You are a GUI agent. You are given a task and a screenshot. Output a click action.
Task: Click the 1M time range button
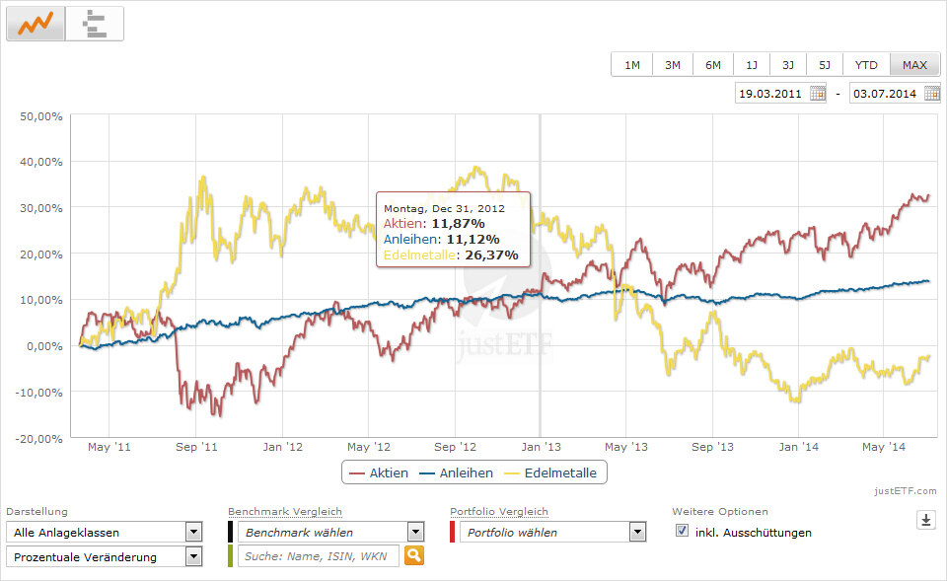631,65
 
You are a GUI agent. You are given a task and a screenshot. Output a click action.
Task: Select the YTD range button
866,65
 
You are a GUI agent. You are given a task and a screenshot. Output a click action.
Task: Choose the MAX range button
914,65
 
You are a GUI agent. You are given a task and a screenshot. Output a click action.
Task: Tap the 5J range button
824,65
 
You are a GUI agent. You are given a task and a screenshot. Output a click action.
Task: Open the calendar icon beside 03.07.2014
931,94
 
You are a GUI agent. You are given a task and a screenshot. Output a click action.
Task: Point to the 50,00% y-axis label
41,116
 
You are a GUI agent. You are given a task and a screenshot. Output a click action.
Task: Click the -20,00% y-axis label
39,438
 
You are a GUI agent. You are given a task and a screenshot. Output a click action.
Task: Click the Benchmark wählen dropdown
330,532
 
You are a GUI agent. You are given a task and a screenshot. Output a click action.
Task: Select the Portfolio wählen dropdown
551,532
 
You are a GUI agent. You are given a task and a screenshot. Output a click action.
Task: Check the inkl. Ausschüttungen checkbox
683,531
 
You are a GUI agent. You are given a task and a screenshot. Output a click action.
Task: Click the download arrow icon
925,520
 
